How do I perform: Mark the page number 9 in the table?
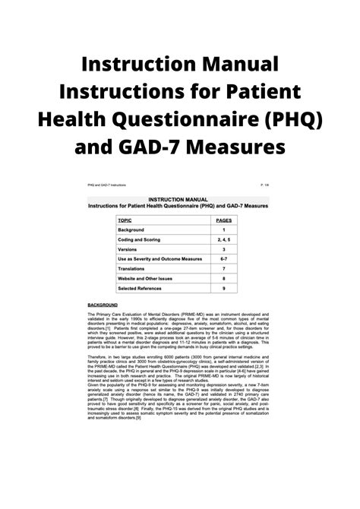223,309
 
